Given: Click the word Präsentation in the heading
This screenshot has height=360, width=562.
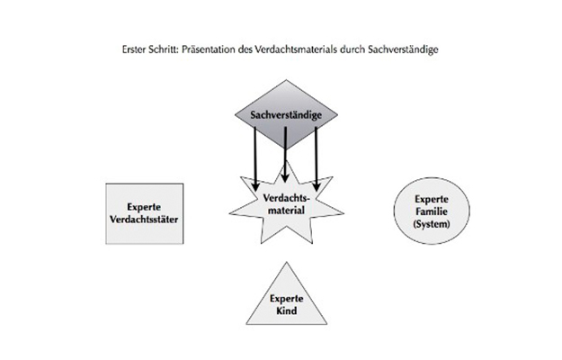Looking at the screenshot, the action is [208, 49].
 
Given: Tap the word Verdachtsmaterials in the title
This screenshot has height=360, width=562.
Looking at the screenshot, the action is [296, 49].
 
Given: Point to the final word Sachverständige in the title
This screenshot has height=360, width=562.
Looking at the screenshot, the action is [403, 49].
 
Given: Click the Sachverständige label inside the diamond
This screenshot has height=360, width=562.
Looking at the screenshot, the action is [286, 115].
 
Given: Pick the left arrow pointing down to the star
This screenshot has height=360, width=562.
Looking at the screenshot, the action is [255, 159].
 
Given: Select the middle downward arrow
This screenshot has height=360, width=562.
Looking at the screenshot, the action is [285, 155].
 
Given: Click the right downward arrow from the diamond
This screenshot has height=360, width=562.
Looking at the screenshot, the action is [317, 159].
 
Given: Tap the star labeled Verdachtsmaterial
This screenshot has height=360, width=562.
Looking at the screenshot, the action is [286, 205].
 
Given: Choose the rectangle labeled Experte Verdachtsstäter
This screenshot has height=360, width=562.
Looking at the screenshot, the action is [145, 213].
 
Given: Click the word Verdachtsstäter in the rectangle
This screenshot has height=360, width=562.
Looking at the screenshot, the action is [144, 220].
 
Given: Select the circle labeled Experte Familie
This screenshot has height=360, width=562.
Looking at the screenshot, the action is [432, 211].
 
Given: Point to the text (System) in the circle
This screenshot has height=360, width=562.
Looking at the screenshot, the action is [432, 224].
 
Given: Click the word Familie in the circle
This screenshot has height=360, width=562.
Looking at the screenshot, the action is [432, 211].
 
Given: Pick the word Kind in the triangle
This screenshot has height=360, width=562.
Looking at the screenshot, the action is [286, 310].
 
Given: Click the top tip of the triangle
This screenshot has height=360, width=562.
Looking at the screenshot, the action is [286, 262].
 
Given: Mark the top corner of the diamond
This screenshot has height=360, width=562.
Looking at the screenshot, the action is [286, 80].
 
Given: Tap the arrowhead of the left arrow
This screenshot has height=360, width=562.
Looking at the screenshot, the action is [255, 187].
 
